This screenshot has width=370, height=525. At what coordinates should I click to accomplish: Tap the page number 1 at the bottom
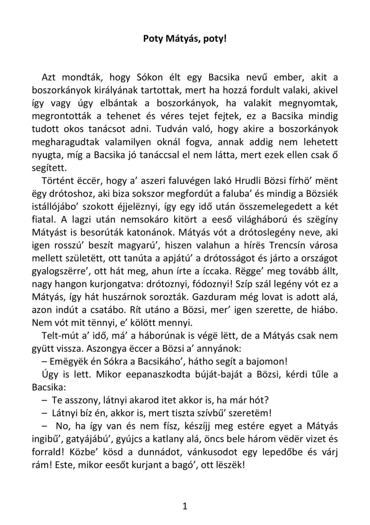click(x=185, y=506)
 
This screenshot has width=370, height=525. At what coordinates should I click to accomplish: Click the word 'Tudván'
click(x=170, y=129)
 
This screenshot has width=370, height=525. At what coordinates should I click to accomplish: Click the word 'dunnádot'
click(x=159, y=452)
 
